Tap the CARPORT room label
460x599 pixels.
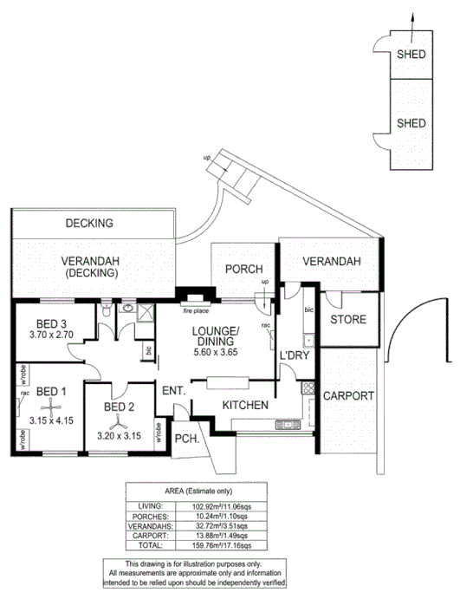(348, 396)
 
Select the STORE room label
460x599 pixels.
(348, 320)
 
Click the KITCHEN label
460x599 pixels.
(244, 405)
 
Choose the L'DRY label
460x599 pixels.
(294, 356)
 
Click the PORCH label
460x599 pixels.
(243, 270)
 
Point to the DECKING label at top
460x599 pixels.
(89, 223)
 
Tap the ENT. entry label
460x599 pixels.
(174, 391)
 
